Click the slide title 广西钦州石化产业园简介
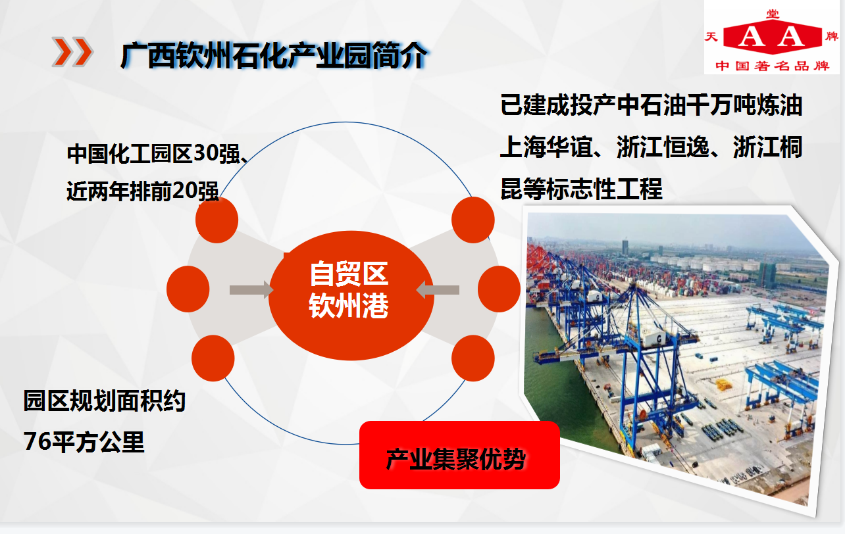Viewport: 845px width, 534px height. (274, 56)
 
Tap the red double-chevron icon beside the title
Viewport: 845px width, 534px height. (72, 52)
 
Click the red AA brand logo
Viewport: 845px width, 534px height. (773, 37)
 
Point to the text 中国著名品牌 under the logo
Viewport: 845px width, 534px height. (773, 66)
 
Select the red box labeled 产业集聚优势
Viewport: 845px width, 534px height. (459, 455)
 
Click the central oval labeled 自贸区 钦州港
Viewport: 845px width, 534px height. (351, 295)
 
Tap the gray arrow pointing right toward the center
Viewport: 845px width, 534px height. (251, 290)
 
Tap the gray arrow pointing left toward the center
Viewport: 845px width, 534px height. (438, 290)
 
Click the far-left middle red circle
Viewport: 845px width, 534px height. (188, 289)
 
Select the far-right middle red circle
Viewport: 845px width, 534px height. (499, 289)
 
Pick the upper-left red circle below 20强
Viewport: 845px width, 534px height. (217, 220)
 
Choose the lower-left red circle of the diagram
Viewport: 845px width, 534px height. (213, 358)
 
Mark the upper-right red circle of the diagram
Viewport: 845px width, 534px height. (473, 220)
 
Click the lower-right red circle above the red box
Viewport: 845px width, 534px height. (473, 358)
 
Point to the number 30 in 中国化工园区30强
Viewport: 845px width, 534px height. (206, 154)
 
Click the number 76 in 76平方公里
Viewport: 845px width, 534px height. (37, 441)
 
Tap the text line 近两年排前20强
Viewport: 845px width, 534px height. (143, 191)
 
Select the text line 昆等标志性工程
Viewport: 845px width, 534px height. (581, 189)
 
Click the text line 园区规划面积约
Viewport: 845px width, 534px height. (104, 400)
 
